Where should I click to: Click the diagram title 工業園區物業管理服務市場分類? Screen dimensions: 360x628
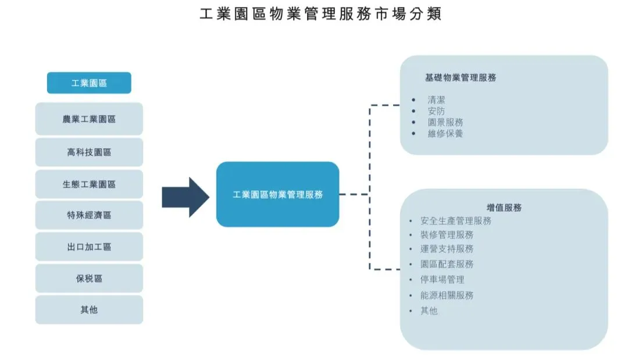[320, 15]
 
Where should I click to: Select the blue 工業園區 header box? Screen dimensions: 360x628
[89, 83]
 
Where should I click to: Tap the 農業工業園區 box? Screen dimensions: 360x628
[89, 119]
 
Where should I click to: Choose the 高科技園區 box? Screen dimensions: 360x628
[89, 152]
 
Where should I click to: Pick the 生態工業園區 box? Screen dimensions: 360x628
[89, 184]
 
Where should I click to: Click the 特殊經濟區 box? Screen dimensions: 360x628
[89, 215]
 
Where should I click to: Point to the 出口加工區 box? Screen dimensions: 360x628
[89, 247]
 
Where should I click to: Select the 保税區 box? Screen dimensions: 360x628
[89, 279]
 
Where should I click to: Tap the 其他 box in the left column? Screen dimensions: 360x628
[89, 310]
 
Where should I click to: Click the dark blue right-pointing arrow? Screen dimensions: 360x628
[185, 197]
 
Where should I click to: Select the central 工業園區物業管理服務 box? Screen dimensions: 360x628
[277, 195]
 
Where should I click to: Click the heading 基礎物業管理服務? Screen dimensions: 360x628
[461, 77]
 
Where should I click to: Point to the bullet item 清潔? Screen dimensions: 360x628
[436, 100]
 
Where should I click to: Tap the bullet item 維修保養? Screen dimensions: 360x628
[445, 133]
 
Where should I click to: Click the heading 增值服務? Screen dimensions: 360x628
[504, 208]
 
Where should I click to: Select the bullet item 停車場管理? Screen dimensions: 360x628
[442, 280]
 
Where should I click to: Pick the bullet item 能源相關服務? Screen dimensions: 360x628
[447, 295]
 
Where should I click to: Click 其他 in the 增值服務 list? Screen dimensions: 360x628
[429, 311]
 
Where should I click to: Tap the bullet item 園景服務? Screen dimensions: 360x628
[445, 122]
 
